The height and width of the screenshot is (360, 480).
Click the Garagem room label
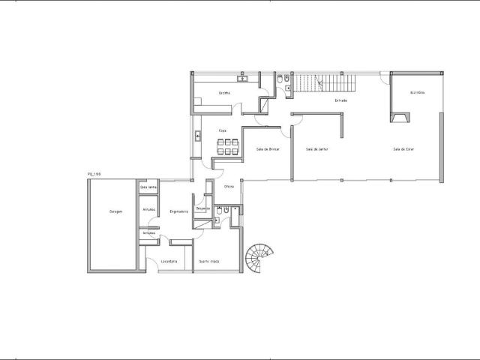point(115,212)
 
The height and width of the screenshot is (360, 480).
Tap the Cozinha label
point(224,93)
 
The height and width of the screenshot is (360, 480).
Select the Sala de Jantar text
point(317,149)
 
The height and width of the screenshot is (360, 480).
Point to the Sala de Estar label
point(403,149)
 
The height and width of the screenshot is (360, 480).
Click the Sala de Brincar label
point(268,149)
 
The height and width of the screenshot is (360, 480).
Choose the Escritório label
point(417,92)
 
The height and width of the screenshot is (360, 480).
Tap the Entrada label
point(340,100)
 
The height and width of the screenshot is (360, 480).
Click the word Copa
point(223,130)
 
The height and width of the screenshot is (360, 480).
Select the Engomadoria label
point(178,212)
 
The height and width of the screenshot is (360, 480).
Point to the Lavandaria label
point(169,261)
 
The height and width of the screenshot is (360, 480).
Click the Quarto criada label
point(208,261)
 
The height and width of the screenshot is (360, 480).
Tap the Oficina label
point(229,186)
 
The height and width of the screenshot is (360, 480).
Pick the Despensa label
point(202,208)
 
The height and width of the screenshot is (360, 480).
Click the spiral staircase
point(261,259)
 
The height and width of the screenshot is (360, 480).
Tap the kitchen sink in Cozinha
point(243,78)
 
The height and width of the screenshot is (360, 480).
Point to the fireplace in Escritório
point(400,118)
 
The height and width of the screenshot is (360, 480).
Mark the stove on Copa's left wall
point(197,136)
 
